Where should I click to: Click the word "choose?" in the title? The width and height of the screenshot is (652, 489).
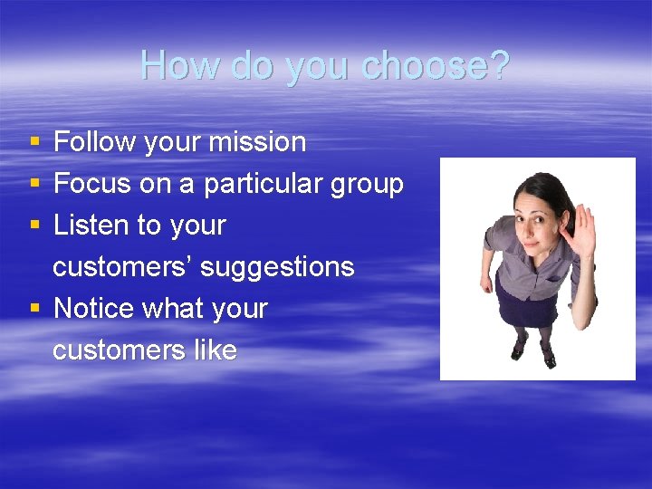coord(436,65)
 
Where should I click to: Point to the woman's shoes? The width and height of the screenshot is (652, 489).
coord(534,351)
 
